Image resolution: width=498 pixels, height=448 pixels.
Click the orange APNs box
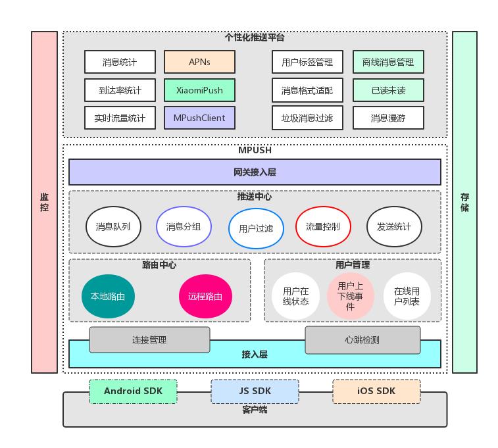click(199, 62)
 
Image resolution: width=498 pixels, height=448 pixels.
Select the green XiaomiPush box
click(199, 90)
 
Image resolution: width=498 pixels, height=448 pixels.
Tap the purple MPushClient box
click(199, 118)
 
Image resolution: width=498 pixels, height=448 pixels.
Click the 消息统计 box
click(120, 62)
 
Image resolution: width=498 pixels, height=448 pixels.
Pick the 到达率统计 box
click(120, 90)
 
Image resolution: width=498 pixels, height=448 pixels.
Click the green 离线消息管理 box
click(388, 62)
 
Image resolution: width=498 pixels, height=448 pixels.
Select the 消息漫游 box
click(388, 118)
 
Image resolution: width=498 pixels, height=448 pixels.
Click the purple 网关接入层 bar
click(255, 172)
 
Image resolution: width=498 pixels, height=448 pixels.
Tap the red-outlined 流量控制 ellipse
click(323, 227)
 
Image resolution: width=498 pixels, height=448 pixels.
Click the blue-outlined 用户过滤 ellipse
click(256, 229)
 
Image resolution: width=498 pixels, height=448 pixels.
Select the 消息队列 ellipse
click(113, 227)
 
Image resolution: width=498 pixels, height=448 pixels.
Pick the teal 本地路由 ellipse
click(109, 296)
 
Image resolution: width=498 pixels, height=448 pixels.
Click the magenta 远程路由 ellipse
click(205, 296)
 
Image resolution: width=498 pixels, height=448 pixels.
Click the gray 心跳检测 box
click(362, 340)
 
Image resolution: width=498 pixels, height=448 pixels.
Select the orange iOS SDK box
click(376, 391)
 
